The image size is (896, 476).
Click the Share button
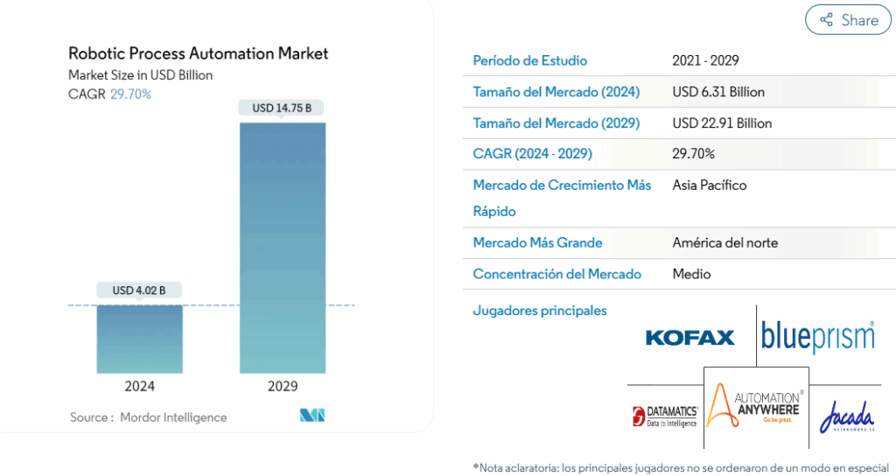click(x=847, y=20)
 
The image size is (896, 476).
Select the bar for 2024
click(x=139, y=339)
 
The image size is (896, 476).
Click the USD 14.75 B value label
click(x=283, y=108)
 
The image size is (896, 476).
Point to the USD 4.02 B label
click(x=139, y=290)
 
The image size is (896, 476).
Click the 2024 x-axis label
click(x=139, y=386)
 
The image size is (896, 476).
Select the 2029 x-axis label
click(x=283, y=386)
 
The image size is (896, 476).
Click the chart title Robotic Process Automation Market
click(x=198, y=53)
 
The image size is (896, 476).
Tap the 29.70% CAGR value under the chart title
click(x=130, y=94)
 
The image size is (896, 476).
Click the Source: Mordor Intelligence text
click(x=148, y=417)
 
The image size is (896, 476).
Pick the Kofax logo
click(x=689, y=338)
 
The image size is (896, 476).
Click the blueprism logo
click(x=817, y=337)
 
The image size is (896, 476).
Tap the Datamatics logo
click(x=665, y=416)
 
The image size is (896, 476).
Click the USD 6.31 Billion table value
click(x=718, y=92)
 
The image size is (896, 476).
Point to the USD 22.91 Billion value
click(x=722, y=123)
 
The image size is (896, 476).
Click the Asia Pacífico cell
click(x=710, y=185)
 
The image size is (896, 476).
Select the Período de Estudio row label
click(x=529, y=60)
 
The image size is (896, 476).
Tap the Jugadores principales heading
click(x=539, y=311)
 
